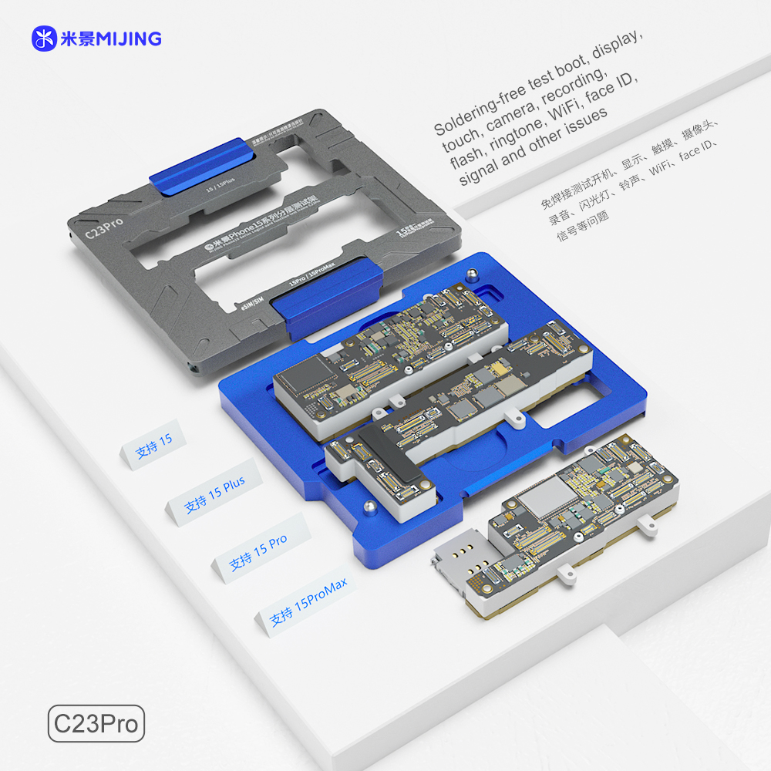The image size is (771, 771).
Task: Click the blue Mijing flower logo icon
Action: (45, 38)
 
